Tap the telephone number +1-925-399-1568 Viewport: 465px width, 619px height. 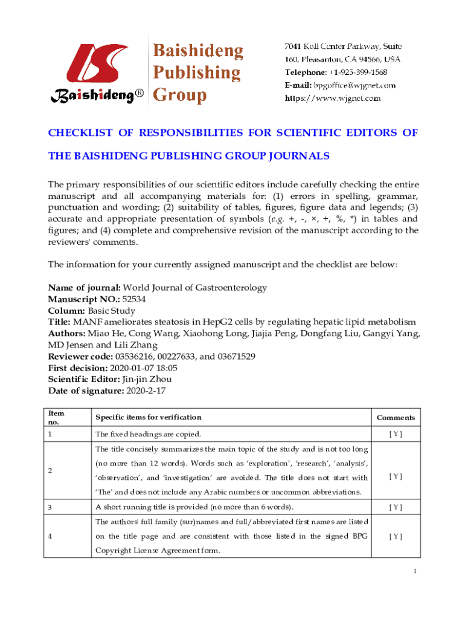point(357,73)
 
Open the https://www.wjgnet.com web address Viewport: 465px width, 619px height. point(333,98)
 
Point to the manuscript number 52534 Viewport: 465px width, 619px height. point(134,299)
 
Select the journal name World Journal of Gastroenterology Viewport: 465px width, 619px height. point(195,288)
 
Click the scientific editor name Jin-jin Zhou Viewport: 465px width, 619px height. point(147,380)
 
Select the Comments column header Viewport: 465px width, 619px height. point(396,418)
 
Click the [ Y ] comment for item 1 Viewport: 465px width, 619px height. point(396,434)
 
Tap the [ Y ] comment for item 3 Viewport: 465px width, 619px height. point(396,507)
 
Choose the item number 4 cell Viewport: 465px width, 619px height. point(51,536)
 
